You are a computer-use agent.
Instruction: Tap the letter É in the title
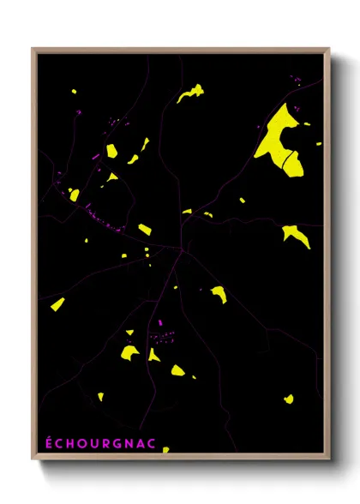click(49, 442)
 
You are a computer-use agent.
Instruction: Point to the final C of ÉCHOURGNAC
click(123, 442)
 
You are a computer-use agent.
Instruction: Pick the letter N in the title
click(106, 442)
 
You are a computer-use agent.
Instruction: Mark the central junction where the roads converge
click(181, 249)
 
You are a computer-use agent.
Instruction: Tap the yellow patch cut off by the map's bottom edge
click(166, 449)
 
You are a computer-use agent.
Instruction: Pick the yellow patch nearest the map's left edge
click(57, 303)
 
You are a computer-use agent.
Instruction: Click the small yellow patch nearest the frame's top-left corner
click(75, 91)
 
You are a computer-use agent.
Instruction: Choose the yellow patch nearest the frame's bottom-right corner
click(289, 399)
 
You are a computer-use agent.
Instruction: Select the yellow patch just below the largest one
click(297, 234)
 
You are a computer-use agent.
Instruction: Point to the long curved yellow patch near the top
click(192, 92)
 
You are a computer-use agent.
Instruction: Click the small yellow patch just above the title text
click(100, 396)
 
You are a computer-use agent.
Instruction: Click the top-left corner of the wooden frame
click(33, 49)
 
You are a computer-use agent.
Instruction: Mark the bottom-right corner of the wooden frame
click(329, 460)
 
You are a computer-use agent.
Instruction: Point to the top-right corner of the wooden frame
click(329, 49)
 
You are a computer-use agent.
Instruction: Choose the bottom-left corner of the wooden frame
click(33, 460)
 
